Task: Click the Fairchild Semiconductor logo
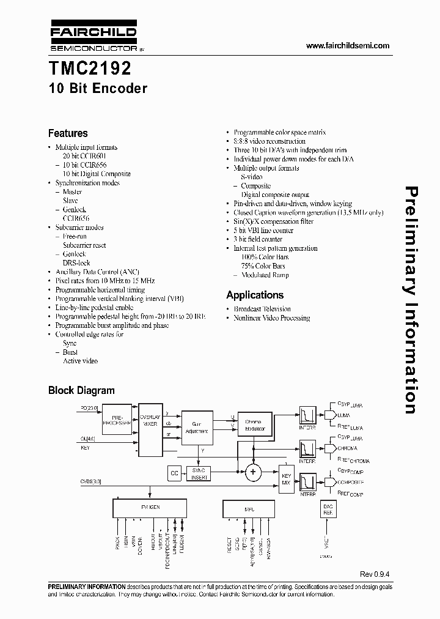[x=92, y=37]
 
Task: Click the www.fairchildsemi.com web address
[x=347, y=46]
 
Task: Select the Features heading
[x=68, y=133]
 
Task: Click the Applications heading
[x=255, y=295]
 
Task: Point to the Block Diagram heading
[x=81, y=390]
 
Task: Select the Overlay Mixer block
[x=150, y=422]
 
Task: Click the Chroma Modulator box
[x=253, y=425]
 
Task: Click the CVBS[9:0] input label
[x=91, y=481]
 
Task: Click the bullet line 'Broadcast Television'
[x=262, y=309]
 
